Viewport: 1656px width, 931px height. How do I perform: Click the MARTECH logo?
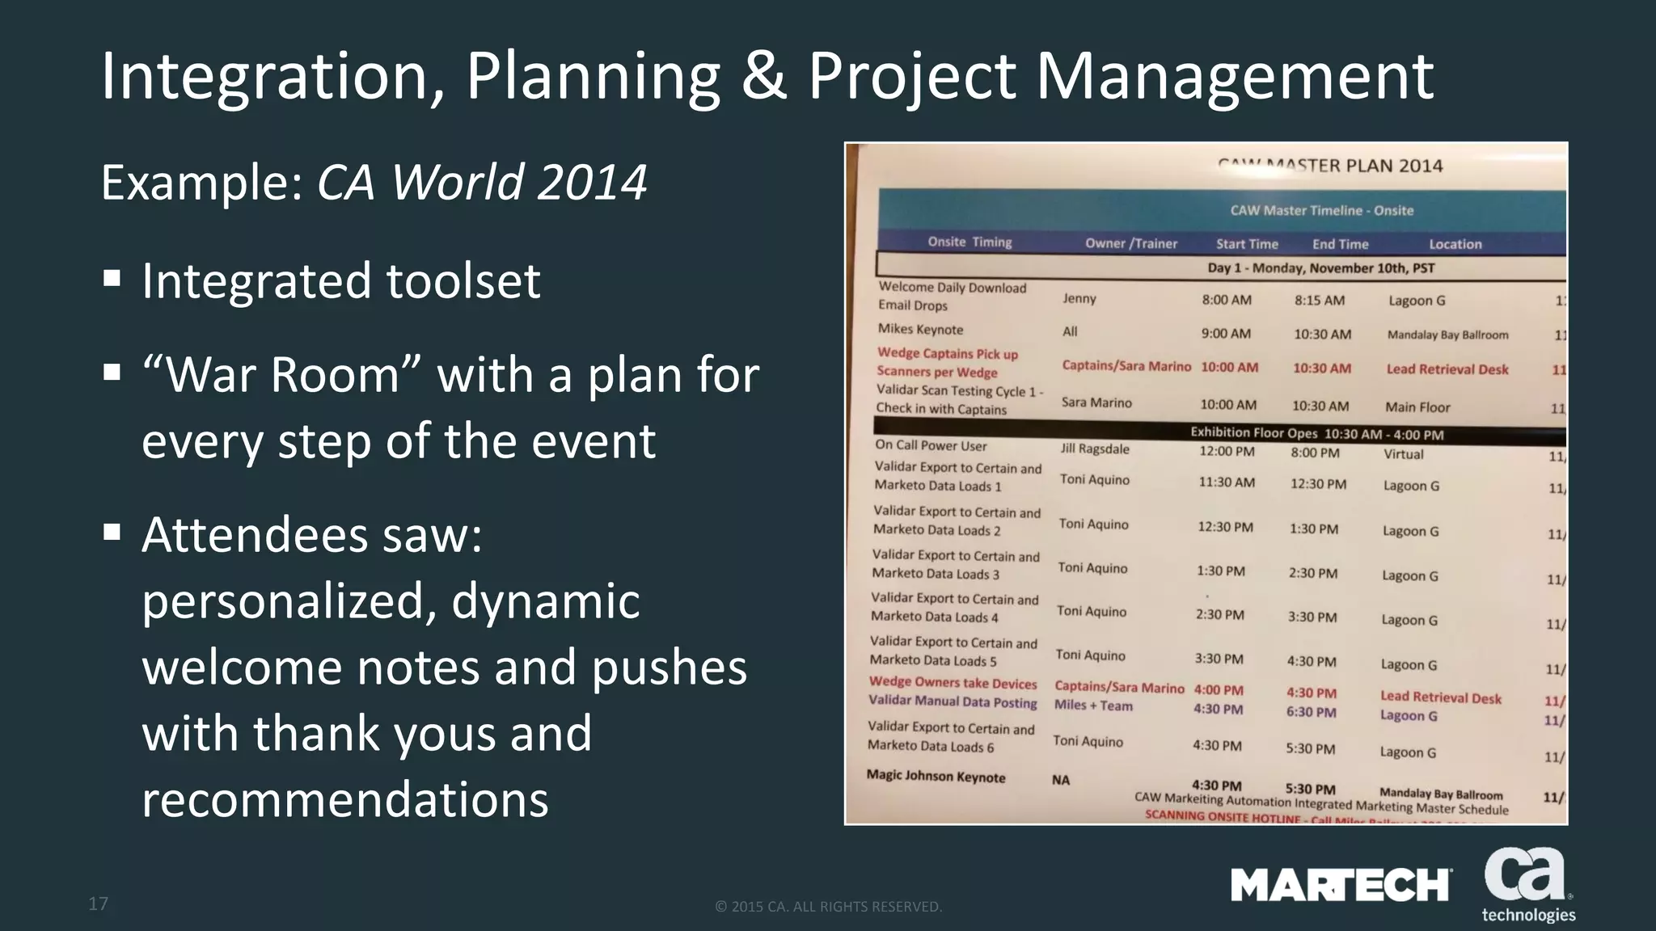coord(1341,885)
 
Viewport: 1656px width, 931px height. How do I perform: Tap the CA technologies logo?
coord(1527,885)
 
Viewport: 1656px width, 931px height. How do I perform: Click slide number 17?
coord(98,904)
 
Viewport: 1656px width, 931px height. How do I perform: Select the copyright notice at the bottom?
coord(828,907)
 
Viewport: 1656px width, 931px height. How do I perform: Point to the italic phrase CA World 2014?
coord(482,182)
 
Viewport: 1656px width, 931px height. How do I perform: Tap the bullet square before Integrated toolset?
coord(112,280)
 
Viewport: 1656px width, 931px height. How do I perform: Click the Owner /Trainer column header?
coord(1130,243)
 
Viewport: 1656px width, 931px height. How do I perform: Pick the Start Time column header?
coord(1247,244)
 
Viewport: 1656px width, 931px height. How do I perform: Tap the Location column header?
coord(1455,244)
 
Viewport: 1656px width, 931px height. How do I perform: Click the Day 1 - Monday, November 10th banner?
coord(1320,268)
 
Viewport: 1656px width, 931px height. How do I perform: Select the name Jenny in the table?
coord(1079,298)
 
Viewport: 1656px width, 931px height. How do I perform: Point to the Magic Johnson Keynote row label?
coord(936,777)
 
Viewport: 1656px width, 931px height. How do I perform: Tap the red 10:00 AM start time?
coord(1229,367)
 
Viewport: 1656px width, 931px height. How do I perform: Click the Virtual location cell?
coord(1403,454)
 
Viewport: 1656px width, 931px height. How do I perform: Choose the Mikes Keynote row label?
coord(920,329)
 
